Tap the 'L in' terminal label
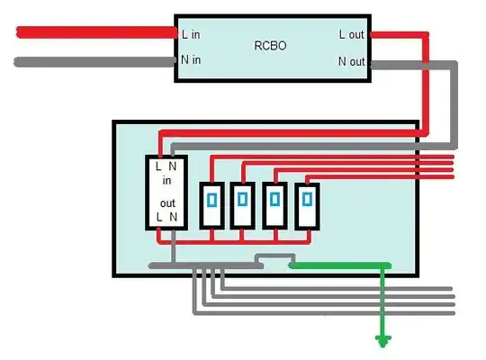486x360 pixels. click(x=192, y=34)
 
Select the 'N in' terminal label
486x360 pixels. click(x=192, y=61)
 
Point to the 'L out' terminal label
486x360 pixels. click(x=352, y=34)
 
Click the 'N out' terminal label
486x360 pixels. click(x=352, y=61)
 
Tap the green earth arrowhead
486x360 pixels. click(x=384, y=340)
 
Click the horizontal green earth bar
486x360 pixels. click(x=337, y=265)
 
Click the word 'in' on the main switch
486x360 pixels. click(x=166, y=180)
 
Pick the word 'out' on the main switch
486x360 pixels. click(x=166, y=203)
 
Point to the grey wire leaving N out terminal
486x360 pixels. click(x=414, y=65)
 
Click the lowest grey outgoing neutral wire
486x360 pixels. click(x=324, y=312)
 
